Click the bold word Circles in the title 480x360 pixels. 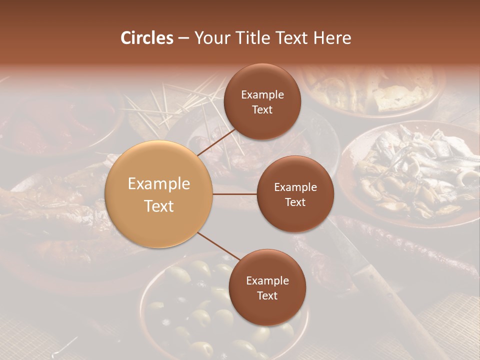coord(147,38)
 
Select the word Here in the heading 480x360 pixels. coord(332,38)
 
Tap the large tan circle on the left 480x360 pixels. coord(159,194)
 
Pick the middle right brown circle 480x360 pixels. coord(295,194)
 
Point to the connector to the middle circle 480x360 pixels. coord(235,194)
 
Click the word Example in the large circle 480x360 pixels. coord(159,183)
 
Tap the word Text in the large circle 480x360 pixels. coord(159,206)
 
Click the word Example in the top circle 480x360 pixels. coord(262,94)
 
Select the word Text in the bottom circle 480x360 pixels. coord(267,295)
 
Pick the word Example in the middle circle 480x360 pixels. coord(295,187)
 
